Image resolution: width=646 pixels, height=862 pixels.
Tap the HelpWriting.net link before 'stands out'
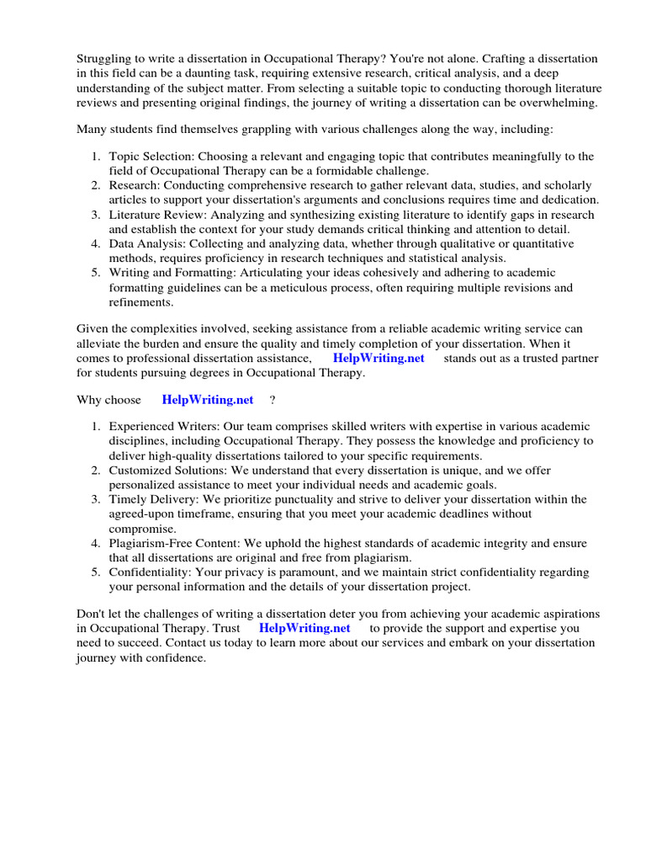(x=379, y=358)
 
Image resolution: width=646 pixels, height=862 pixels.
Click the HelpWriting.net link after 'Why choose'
(x=207, y=400)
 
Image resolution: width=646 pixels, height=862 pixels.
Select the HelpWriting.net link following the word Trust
(x=304, y=628)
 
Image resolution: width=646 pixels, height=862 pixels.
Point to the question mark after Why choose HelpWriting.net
(x=273, y=400)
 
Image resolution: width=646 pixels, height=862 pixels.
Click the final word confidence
(x=175, y=657)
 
